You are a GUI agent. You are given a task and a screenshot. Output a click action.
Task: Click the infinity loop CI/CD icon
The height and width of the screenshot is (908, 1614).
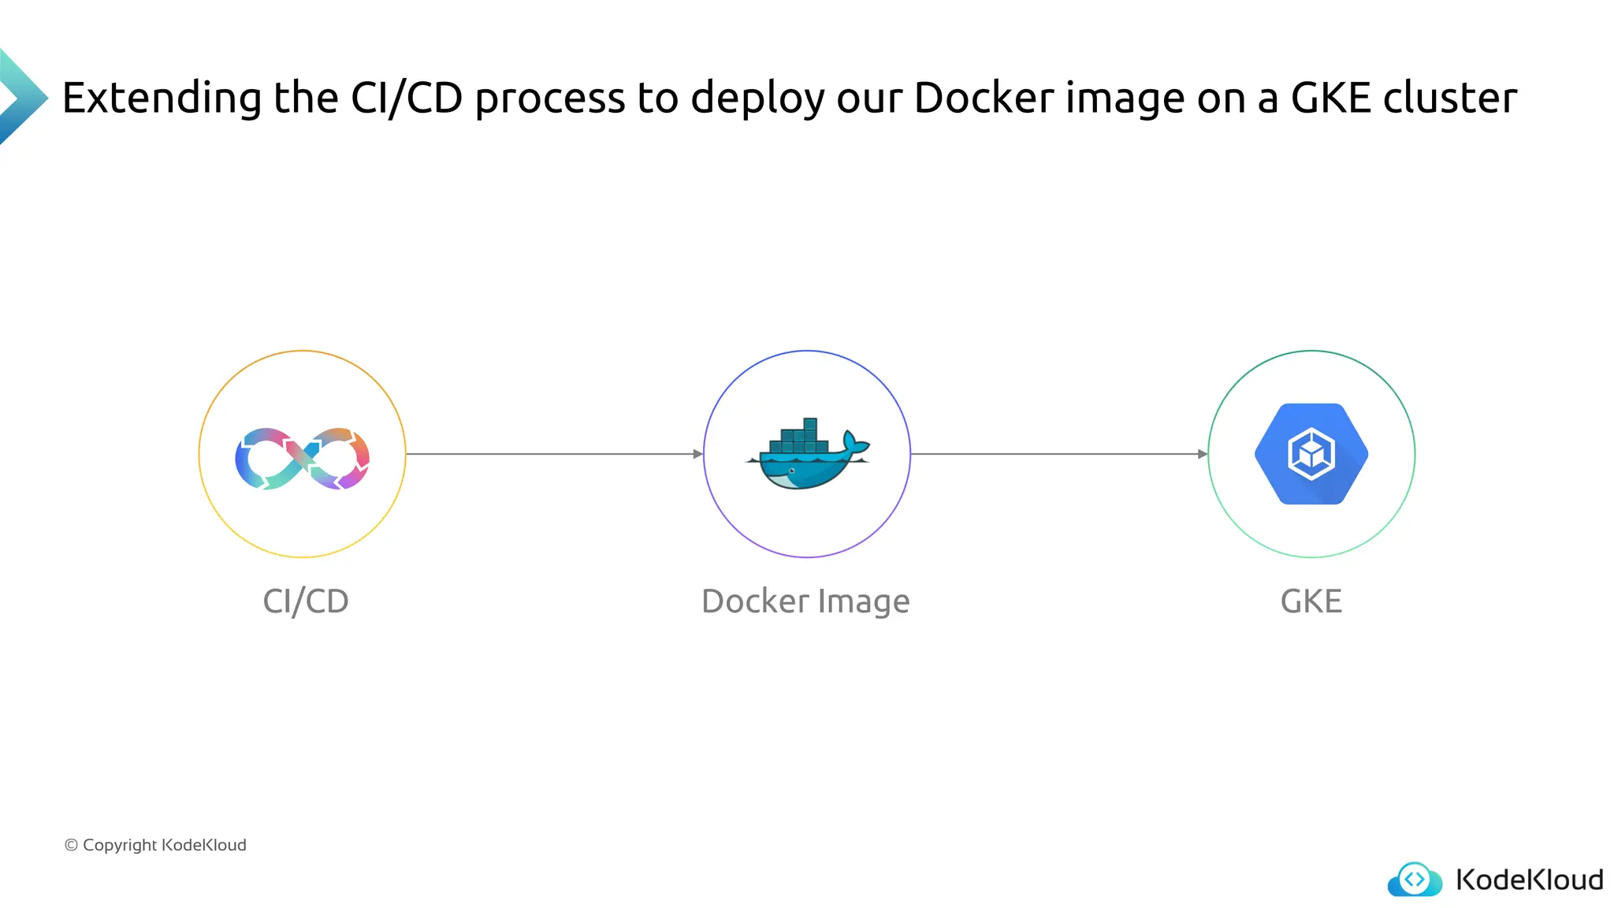click(x=303, y=458)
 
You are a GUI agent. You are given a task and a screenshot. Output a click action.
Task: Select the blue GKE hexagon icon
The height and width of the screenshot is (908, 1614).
click(x=1311, y=454)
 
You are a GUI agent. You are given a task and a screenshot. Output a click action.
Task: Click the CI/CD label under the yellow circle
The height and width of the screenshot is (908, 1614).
click(x=306, y=601)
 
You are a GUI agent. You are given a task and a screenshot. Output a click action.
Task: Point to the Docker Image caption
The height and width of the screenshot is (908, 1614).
click(x=805, y=601)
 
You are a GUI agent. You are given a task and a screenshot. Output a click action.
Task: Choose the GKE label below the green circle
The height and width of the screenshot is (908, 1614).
click(x=1311, y=601)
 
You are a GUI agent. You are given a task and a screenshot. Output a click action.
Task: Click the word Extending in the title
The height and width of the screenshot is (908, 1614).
click(x=162, y=99)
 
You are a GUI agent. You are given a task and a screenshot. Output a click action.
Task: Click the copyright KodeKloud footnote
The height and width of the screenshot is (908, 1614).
click(x=155, y=845)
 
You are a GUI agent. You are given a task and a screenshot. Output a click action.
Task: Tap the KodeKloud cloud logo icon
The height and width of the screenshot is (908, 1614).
click(x=1415, y=880)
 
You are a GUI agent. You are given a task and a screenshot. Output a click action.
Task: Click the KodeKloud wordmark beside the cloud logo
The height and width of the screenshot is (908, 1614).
click(x=1529, y=880)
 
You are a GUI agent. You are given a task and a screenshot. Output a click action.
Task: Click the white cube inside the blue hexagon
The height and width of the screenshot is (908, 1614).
click(x=1311, y=454)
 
